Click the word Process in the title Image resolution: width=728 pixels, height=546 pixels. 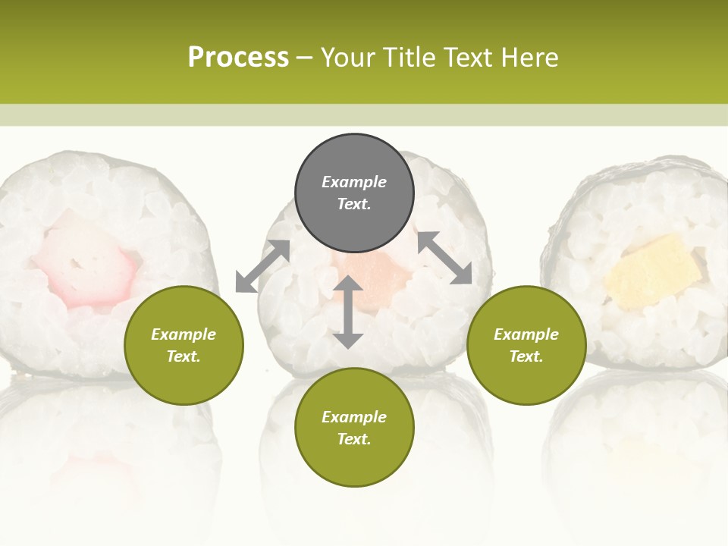[238, 58]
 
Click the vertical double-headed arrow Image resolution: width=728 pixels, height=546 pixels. [348, 312]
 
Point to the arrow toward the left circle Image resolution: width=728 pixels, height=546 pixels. [262, 266]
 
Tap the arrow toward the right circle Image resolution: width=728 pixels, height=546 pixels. [444, 259]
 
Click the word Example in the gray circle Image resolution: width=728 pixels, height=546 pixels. [354, 182]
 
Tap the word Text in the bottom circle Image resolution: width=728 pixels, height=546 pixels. [354, 439]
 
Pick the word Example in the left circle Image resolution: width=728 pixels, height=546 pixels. [184, 334]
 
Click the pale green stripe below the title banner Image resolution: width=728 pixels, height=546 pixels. [364, 115]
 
